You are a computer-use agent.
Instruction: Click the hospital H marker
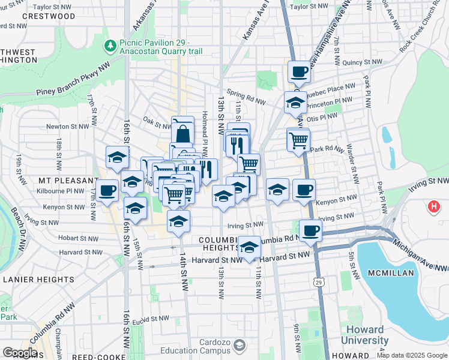pyautogui.click(x=435, y=208)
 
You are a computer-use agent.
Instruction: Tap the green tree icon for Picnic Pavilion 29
pyautogui.click(x=110, y=46)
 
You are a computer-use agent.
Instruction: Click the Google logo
pyautogui.click(x=20, y=353)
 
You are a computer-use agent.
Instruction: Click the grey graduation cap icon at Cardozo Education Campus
pyautogui.click(x=240, y=346)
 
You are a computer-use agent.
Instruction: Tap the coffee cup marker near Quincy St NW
pyautogui.click(x=299, y=72)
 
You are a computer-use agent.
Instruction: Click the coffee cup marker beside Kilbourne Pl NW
pyautogui.click(x=107, y=191)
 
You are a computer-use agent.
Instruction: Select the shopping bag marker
pyautogui.click(x=183, y=131)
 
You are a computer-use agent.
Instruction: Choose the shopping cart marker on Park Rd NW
pyautogui.click(x=298, y=141)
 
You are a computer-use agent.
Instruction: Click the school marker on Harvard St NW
pyautogui.click(x=249, y=247)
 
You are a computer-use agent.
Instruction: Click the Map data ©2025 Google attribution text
pyautogui.click(x=412, y=355)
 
